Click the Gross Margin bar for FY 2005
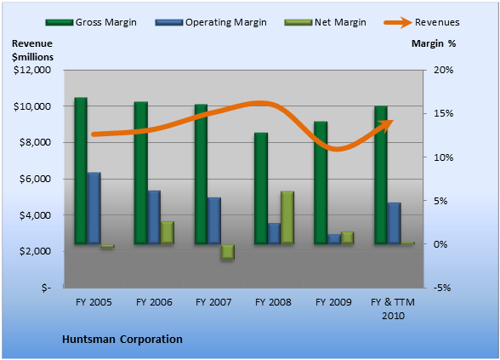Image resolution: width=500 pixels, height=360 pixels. [x=81, y=171]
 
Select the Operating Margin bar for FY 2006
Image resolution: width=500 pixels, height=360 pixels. [x=154, y=217]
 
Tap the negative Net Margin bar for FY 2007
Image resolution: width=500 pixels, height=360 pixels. [x=228, y=252]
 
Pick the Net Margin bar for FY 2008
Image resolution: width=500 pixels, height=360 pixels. [x=287, y=218]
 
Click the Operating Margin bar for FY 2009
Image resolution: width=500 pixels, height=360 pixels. [x=334, y=239]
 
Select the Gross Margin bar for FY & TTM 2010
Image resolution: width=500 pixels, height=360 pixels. [x=381, y=175]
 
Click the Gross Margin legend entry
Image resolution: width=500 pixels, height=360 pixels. [x=91, y=22]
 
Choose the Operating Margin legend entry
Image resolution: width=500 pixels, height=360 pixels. [x=211, y=22]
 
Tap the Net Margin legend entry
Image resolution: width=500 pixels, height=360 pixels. [x=325, y=22]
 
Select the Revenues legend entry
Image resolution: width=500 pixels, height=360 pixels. [x=422, y=22]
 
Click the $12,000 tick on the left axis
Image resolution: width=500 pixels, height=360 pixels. [x=32, y=70]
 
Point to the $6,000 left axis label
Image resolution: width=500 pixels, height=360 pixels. [x=35, y=179]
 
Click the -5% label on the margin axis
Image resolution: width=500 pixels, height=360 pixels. [x=442, y=288]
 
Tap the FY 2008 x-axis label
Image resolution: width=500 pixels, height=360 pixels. [x=273, y=302]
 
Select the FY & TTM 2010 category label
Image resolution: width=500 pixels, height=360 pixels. [x=393, y=309]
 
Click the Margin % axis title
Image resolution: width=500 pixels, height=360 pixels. [x=434, y=43]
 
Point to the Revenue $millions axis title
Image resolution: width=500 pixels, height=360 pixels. [x=32, y=50]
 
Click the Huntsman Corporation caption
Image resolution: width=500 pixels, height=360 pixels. [x=122, y=339]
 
